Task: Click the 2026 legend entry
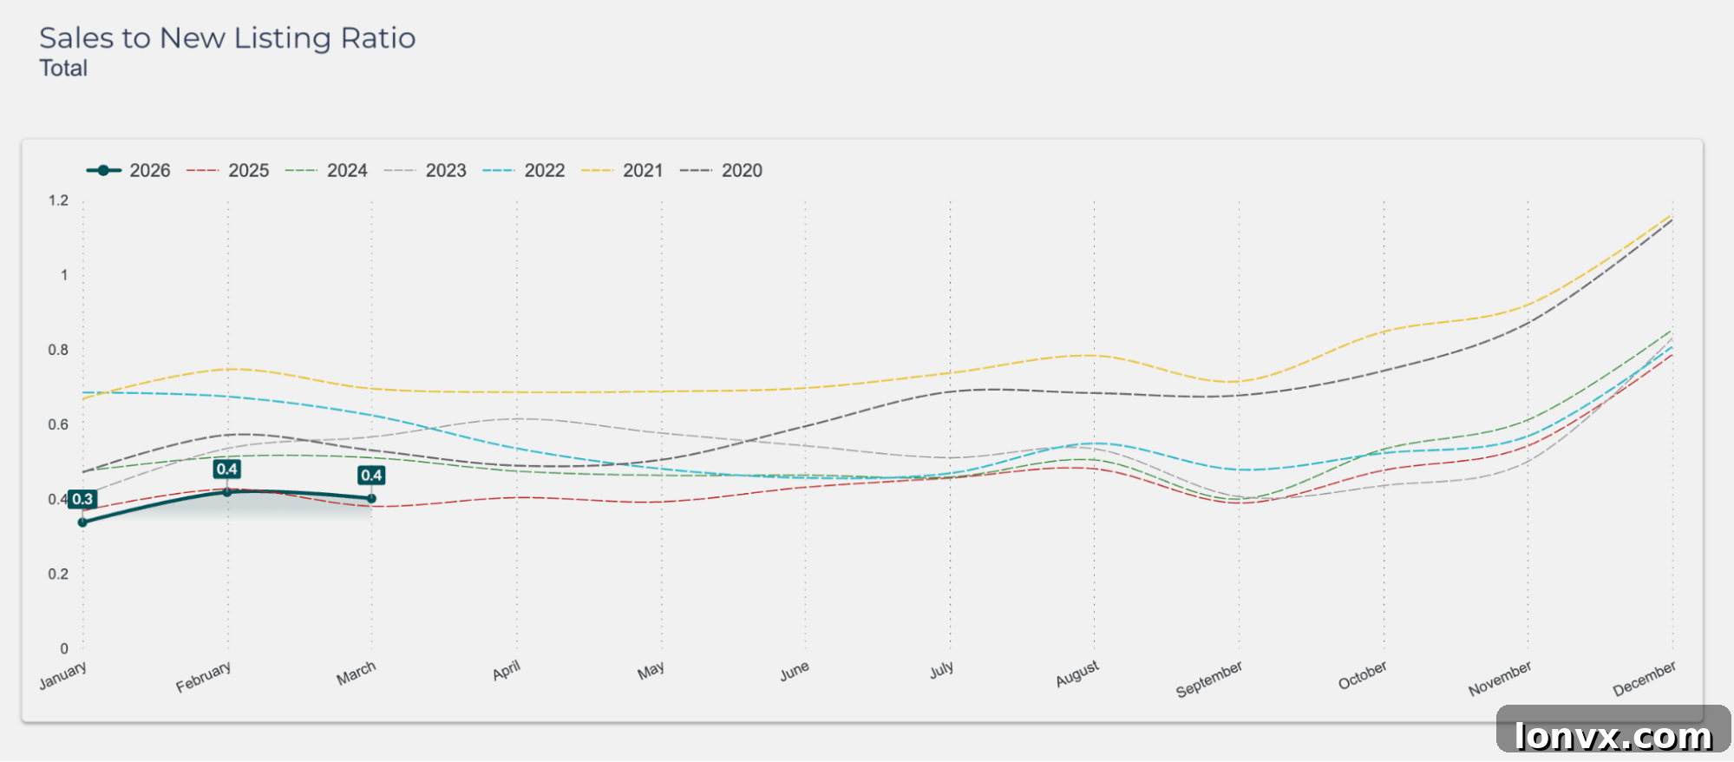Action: (128, 170)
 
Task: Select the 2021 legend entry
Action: (622, 170)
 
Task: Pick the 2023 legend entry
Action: (425, 170)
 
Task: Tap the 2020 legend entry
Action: (721, 170)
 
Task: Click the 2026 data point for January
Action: (82, 522)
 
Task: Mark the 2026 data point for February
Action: (227, 492)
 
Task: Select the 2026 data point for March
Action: (371, 498)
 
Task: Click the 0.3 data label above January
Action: (82, 499)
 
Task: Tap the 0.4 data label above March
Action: (371, 475)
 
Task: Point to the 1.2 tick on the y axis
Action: (58, 200)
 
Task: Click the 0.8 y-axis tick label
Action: (58, 350)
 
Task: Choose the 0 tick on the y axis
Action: (64, 648)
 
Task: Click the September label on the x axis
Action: (1209, 679)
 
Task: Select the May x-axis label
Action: (651, 670)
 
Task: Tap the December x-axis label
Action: (1645, 678)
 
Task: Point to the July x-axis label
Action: (941, 669)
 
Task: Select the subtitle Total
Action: (63, 69)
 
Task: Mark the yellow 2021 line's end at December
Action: (1672, 215)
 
